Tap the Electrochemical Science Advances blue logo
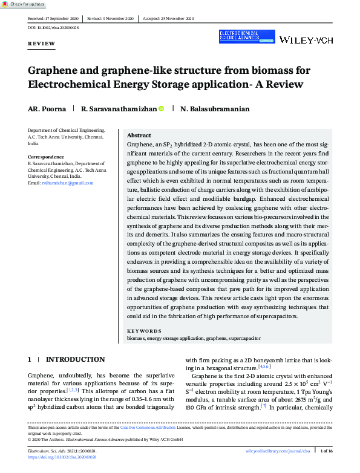[245, 36]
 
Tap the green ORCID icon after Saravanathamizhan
[162, 109]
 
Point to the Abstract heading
[139, 135]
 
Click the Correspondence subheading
[47, 157]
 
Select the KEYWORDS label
[144, 331]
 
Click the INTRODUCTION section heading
[76, 359]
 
